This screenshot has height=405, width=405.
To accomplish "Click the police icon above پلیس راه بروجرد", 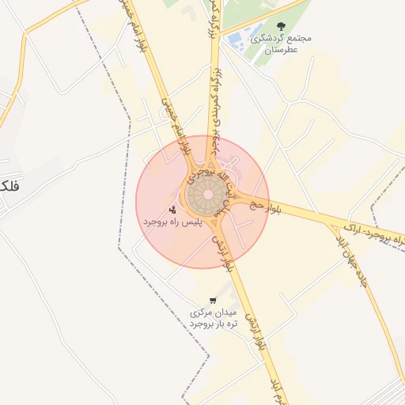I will (173, 210).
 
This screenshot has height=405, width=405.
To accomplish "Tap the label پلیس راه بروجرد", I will (172, 223).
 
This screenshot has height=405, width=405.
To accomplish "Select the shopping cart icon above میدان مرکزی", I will (213, 301).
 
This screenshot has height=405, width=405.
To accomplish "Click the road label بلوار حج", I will (260, 206).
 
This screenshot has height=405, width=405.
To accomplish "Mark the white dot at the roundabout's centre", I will (208, 195).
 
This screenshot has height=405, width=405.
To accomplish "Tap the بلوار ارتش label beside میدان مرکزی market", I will (253, 332).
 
